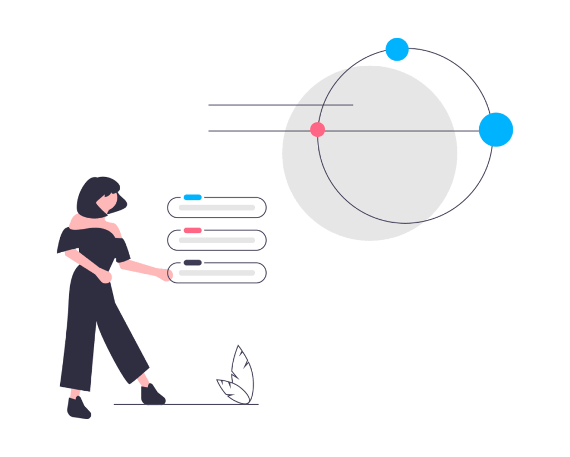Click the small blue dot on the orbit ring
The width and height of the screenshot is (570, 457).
tap(397, 50)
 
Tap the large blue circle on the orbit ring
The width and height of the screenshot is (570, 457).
tap(495, 130)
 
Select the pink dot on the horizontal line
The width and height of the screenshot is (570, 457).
tap(317, 130)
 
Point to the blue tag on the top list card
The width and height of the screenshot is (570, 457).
tap(193, 198)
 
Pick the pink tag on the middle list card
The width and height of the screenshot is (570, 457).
tap(193, 230)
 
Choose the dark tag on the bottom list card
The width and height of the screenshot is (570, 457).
tap(193, 263)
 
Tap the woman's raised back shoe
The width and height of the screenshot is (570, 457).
tap(78, 408)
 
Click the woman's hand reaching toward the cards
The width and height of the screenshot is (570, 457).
tap(165, 274)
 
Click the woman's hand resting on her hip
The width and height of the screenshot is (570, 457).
tap(104, 277)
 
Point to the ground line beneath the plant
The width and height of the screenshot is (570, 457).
tap(234, 404)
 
